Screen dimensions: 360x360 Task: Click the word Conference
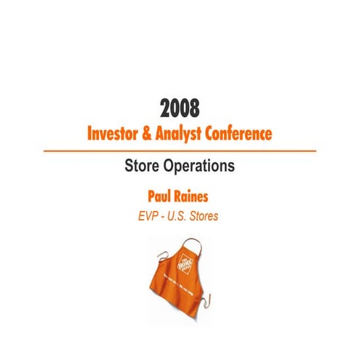coord(246,135)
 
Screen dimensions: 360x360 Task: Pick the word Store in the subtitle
coord(143,166)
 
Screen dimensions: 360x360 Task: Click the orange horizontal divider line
coord(180,151)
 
